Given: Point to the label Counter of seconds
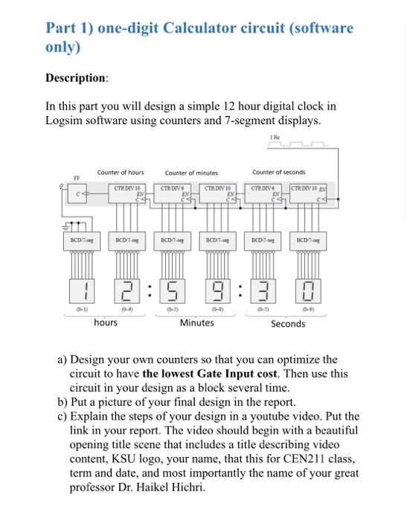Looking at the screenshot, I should click(278, 173).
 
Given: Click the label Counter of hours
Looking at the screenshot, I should click(121, 173).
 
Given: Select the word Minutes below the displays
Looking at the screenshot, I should click(197, 323).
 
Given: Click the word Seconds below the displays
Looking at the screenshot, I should click(288, 324).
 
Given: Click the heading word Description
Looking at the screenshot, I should click(77, 77).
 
